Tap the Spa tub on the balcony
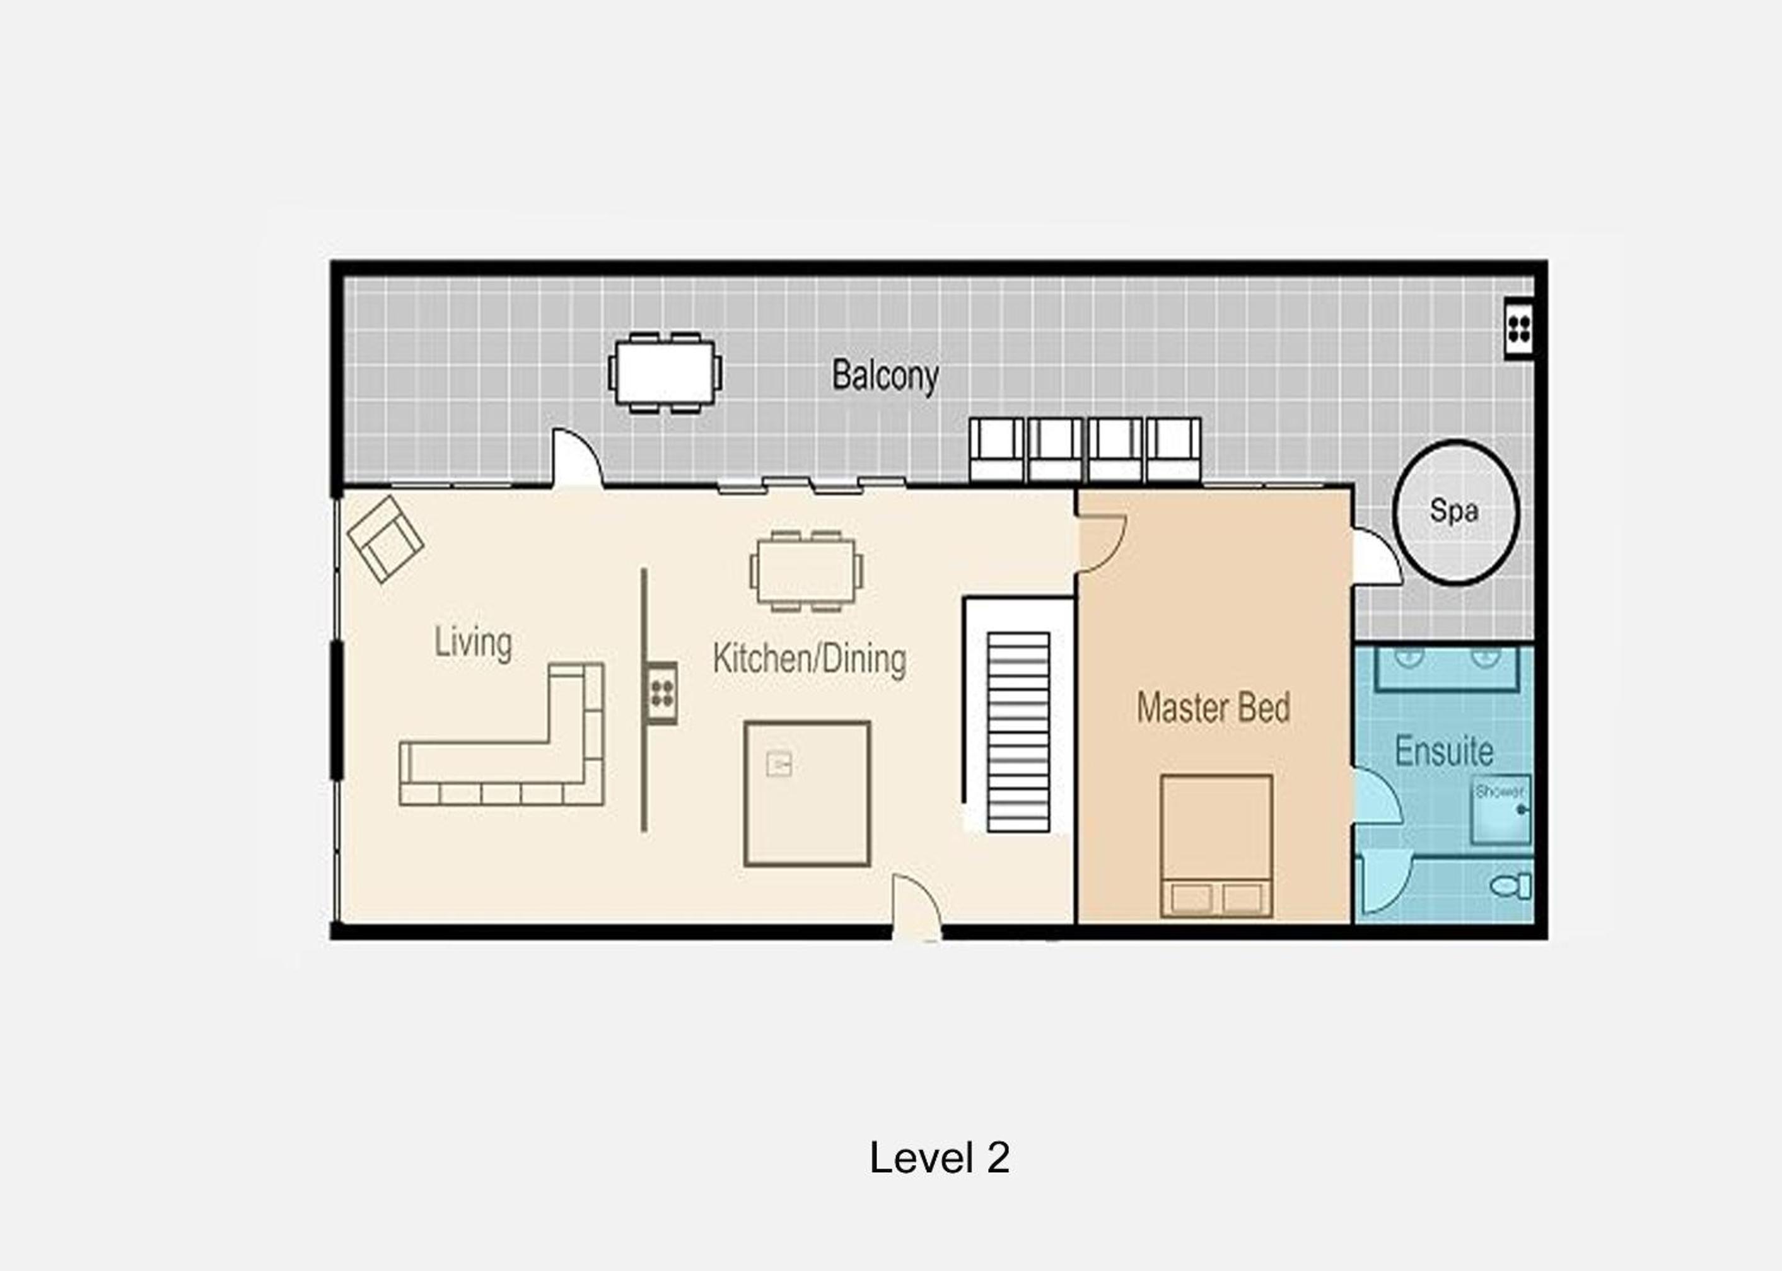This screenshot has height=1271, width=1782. tap(1455, 512)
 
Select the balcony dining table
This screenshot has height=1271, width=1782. tap(665, 373)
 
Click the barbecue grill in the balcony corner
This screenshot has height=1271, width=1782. tap(1519, 328)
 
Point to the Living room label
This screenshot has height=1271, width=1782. tap(473, 643)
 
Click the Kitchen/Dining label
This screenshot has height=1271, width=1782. tap(809, 659)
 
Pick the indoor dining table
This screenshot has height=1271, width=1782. tap(806, 571)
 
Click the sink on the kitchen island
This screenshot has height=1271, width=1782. tap(779, 762)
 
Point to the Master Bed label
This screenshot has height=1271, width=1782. tap(1213, 707)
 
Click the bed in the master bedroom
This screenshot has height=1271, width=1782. tap(1216, 846)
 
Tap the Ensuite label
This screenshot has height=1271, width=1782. tap(1444, 752)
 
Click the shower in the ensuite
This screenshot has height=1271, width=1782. tap(1500, 811)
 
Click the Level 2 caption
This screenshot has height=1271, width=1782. tap(939, 1158)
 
